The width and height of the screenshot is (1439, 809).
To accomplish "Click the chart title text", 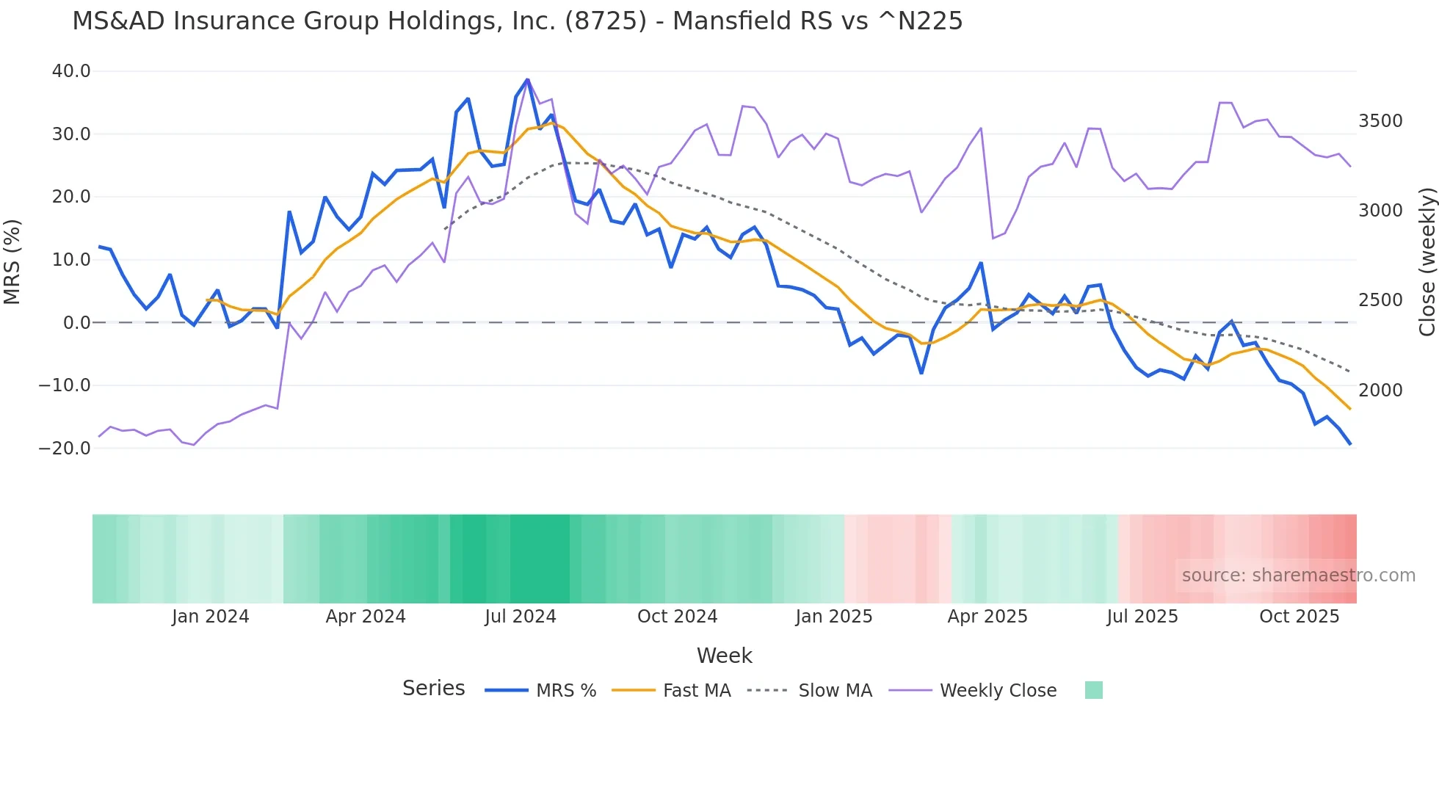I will click(x=517, y=21).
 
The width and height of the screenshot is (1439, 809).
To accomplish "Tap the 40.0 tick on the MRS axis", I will click(x=71, y=71).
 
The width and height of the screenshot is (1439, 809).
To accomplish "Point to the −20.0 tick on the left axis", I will click(x=65, y=448).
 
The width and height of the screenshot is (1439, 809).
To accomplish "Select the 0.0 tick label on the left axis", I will click(x=76, y=322).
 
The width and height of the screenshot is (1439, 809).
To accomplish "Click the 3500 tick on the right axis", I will click(x=1380, y=121).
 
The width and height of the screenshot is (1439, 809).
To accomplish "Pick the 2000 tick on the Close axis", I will click(x=1380, y=391).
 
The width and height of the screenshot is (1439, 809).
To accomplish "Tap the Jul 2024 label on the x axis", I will click(x=521, y=617).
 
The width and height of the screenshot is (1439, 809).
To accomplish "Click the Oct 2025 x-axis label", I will click(x=1299, y=617).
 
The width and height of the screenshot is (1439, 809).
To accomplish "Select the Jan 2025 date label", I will click(x=833, y=617).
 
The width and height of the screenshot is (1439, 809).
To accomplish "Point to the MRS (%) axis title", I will click(x=12, y=261).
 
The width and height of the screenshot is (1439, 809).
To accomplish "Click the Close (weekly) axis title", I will click(x=1427, y=261).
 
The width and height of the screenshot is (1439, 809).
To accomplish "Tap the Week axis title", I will click(x=724, y=656).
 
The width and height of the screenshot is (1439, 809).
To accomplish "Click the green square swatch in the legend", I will click(x=1093, y=690).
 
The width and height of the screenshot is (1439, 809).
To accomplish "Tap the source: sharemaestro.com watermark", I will click(x=1298, y=576).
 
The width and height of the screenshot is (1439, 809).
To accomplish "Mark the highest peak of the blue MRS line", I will click(x=527, y=79).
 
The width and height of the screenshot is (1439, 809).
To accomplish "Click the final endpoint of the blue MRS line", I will click(x=1349, y=443).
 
